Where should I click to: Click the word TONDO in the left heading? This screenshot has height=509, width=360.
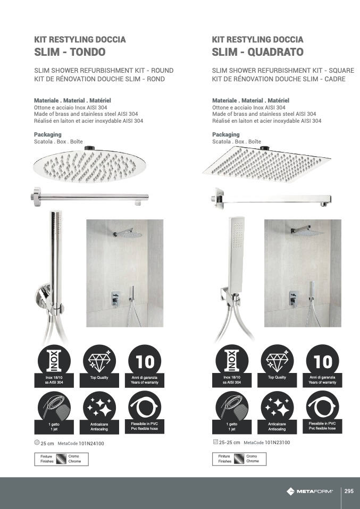tap(88, 52)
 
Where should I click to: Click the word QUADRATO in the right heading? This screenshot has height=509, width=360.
tap(275, 52)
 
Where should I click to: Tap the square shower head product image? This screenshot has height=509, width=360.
tap(266, 164)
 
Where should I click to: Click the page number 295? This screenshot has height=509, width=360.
tap(349, 491)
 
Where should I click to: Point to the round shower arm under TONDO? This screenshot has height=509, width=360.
tap(90, 197)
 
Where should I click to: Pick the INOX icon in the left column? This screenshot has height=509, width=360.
tap(54, 366)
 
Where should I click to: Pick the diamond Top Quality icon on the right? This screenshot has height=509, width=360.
tap(277, 366)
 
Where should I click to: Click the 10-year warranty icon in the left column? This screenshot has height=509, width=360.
tap(145, 366)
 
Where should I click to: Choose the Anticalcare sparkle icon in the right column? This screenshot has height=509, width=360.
tap(277, 412)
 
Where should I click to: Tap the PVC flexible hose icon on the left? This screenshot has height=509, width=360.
tap(145, 412)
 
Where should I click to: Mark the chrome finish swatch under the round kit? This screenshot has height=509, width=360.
tap(61, 459)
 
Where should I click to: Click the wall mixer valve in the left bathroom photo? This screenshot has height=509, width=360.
tap(115, 298)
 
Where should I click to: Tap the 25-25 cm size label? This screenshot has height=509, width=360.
tap(229, 443)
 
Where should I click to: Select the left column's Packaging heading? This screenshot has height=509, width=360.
tap(48, 134)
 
